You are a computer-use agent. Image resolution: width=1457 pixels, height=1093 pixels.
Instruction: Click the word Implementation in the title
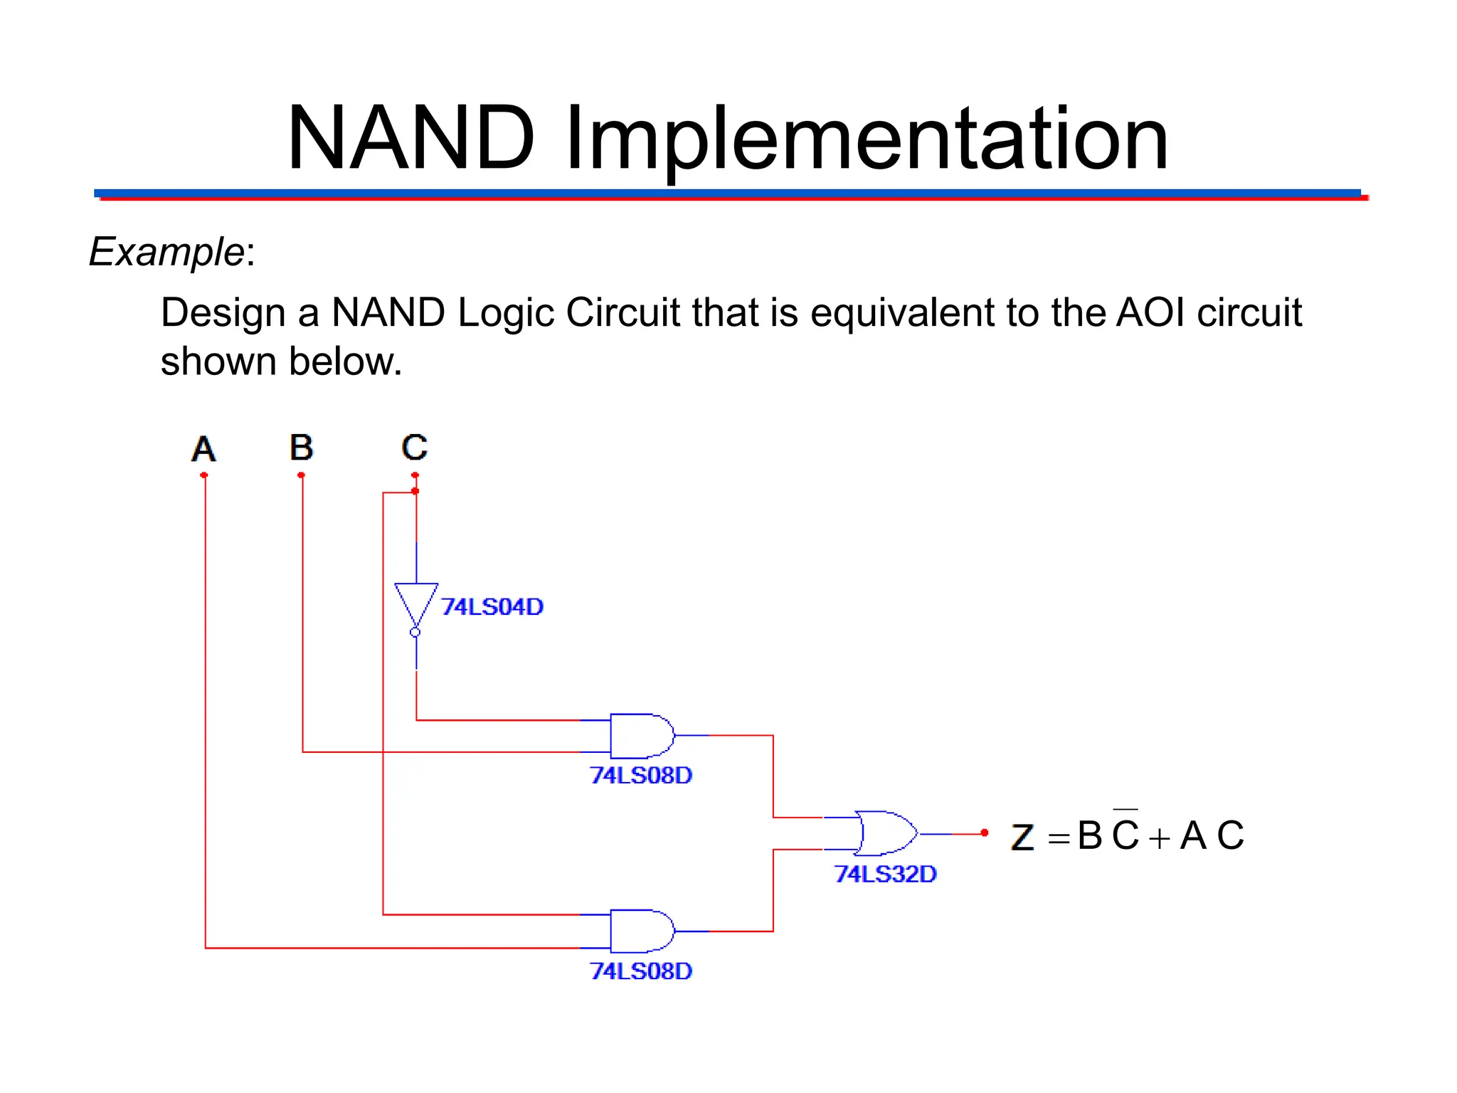click(x=867, y=139)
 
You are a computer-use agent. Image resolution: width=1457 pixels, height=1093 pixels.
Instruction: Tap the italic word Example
click(x=166, y=252)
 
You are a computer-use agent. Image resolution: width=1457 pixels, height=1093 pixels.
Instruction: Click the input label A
click(x=203, y=449)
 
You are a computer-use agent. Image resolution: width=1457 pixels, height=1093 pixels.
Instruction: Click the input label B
click(x=302, y=448)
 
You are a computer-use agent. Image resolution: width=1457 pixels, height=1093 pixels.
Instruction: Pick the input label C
click(x=414, y=448)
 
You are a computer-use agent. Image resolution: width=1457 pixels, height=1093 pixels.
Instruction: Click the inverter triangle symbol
click(x=416, y=602)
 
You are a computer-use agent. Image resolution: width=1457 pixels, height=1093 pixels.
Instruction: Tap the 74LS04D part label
click(x=492, y=607)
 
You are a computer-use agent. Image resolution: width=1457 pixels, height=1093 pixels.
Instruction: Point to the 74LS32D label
click(x=885, y=874)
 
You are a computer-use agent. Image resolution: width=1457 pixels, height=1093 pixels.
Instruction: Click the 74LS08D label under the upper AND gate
click(x=640, y=775)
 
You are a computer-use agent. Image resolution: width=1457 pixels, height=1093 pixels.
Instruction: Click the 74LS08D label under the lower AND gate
click(x=640, y=971)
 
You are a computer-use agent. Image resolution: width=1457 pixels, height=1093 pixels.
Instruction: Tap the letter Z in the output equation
click(x=1022, y=837)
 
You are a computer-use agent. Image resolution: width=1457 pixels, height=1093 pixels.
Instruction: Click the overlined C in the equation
click(x=1125, y=834)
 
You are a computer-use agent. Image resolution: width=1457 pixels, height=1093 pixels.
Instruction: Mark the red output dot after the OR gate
click(x=985, y=833)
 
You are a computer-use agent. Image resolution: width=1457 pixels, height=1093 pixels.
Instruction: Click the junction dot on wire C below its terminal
click(x=415, y=491)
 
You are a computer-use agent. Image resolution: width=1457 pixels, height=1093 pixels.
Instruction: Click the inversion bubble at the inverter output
click(x=415, y=632)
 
